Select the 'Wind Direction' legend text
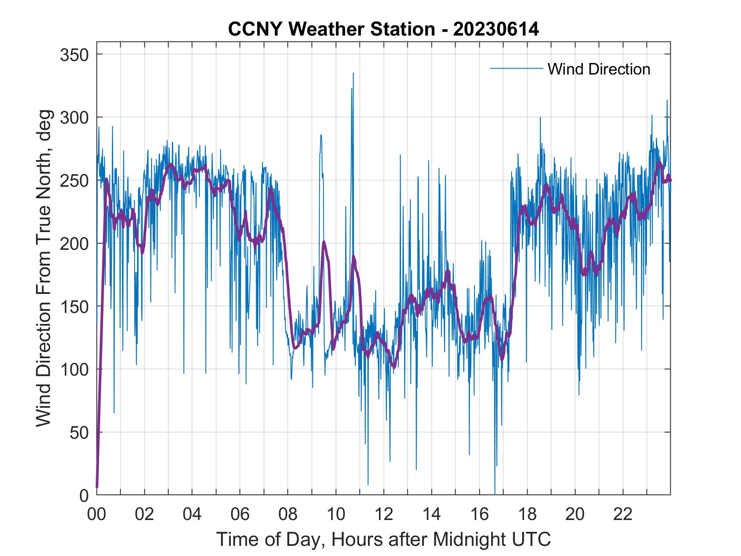coord(599,69)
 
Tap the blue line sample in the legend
coord(516,69)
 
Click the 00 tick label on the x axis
coord(97,514)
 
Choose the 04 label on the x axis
coord(192,514)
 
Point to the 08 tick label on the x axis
coord(288,514)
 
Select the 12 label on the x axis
coord(384,514)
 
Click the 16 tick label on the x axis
coord(479,514)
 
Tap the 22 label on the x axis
coord(623,514)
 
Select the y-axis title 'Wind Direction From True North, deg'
coord(44,268)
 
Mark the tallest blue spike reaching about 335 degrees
coord(353,74)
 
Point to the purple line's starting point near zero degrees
coord(97,487)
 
